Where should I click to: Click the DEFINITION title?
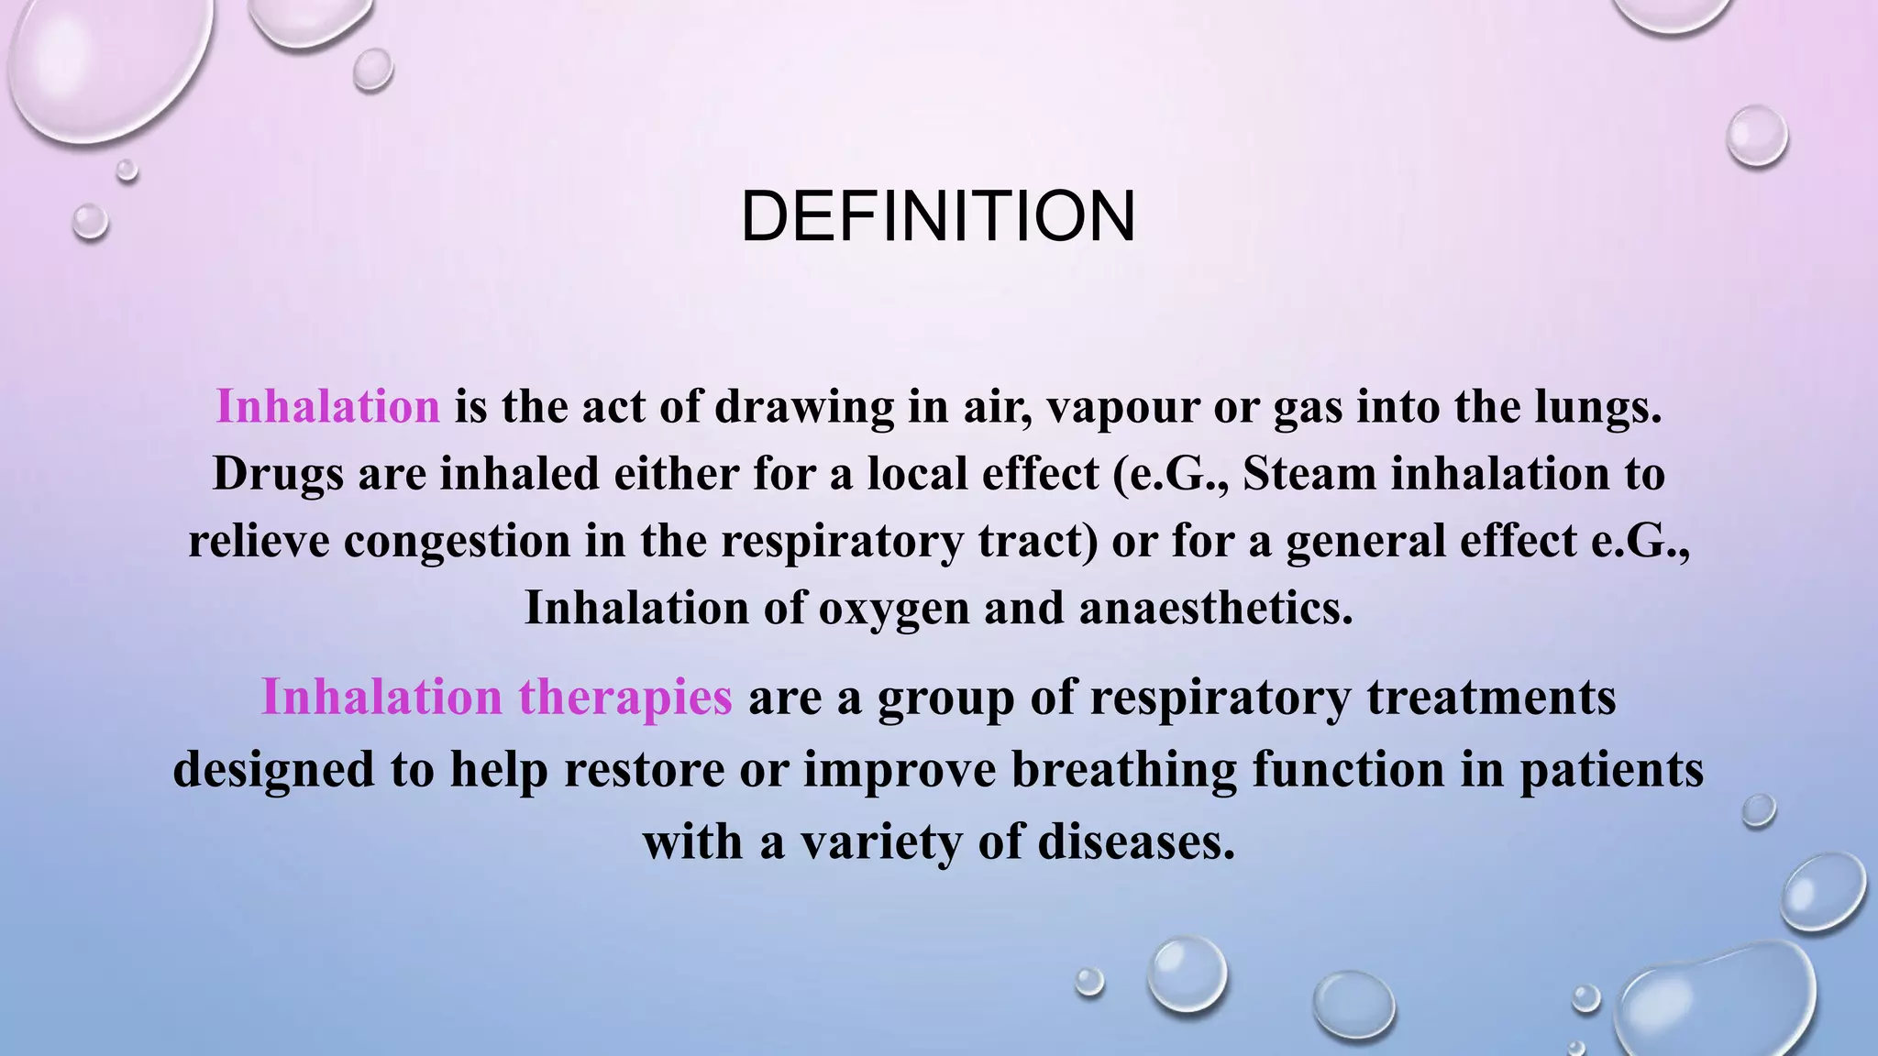tap(938, 216)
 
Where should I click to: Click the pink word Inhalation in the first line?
tap(327, 406)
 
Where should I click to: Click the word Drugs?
tap(278, 475)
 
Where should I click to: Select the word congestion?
tap(457, 541)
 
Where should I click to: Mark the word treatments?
tap(1490, 697)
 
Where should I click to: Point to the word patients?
tap(1611, 769)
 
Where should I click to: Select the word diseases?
tap(1136, 841)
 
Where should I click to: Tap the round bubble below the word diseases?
tap(1188, 973)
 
